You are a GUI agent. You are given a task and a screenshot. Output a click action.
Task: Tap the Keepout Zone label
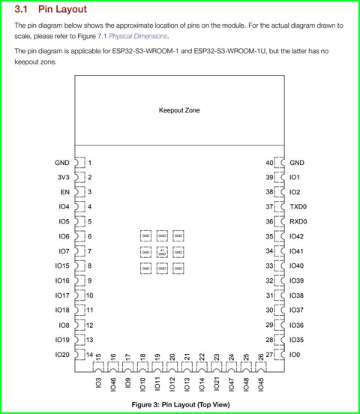click(179, 110)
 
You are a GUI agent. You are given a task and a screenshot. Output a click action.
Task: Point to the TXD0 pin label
click(298, 207)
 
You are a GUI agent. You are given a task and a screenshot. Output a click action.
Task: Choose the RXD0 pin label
click(298, 222)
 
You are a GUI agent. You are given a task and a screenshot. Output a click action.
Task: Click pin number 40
click(269, 163)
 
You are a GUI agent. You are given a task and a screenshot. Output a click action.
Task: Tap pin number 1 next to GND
click(89, 163)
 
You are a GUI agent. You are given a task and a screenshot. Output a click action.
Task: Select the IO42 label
click(297, 236)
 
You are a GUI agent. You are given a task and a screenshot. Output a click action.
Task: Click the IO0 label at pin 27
click(295, 354)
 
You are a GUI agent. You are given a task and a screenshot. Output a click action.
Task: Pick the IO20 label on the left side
click(62, 354)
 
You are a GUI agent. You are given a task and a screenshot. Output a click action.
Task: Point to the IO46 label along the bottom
click(113, 384)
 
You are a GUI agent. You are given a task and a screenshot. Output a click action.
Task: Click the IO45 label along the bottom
click(260, 384)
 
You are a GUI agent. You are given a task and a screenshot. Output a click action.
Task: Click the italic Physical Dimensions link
click(139, 36)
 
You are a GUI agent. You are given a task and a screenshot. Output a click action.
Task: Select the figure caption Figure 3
click(179, 404)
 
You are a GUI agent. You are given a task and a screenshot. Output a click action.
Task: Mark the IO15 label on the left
click(62, 266)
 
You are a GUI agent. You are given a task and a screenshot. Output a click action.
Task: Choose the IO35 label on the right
click(297, 340)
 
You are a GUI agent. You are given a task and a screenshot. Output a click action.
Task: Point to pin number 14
click(89, 354)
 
